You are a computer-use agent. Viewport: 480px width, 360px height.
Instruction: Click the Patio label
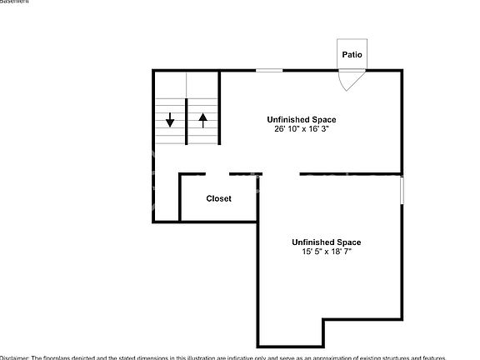[x=351, y=55]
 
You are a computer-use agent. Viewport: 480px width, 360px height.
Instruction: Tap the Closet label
[x=218, y=198]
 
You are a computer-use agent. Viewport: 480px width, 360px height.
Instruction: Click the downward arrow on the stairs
[x=170, y=120]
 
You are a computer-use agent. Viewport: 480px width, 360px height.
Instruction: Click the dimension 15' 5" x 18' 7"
[x=326, y=252]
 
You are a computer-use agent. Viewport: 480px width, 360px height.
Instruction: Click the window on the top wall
[x=268, y=71]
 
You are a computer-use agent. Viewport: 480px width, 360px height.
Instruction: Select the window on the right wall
[x=402, y=189]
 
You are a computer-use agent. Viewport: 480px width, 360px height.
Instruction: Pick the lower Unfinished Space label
[x=326, y=242]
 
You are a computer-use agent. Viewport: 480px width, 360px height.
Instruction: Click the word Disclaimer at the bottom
[x=15, y=357]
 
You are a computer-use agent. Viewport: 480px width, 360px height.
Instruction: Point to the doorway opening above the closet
[x=217, y=174]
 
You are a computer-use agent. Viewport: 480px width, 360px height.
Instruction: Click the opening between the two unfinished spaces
[x=281, y=174]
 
